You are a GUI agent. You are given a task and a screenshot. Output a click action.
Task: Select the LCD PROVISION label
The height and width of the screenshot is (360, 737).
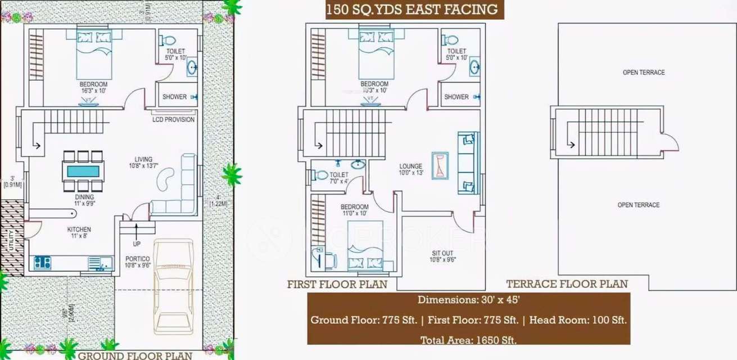[174, 120]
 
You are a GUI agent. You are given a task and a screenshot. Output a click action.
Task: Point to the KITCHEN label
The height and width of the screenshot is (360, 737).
[79, 229]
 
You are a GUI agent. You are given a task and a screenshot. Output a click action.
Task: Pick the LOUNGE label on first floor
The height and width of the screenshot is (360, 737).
[410, 166]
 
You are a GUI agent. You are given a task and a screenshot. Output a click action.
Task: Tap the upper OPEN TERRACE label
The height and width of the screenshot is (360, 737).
[643, 73]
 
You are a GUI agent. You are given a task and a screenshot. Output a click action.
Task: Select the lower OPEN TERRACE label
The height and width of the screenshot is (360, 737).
[638, 205]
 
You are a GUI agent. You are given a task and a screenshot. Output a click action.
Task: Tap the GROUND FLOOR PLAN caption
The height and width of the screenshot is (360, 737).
[135, 355]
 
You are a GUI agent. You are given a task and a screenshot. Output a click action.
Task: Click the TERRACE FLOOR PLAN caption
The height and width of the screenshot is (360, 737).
[567, 284]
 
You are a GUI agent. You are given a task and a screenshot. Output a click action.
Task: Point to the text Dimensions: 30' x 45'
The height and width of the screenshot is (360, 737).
[468, 300]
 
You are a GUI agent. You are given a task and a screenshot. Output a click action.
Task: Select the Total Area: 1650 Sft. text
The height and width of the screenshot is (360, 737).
[468, 340]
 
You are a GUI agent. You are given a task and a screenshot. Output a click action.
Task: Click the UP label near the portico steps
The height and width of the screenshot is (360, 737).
[137, 244]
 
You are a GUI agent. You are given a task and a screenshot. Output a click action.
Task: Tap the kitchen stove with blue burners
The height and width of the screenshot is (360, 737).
[42, 262]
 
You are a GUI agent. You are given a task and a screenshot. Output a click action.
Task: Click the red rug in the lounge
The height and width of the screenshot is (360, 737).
[440, 166]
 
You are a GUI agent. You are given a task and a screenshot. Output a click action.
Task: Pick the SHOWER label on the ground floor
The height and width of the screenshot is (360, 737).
[174, 97]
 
